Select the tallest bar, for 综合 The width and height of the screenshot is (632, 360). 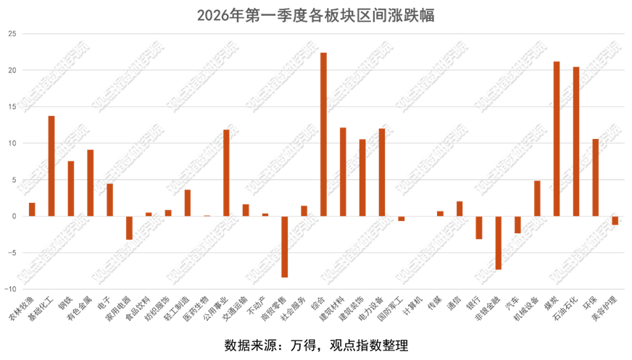pos(323,134)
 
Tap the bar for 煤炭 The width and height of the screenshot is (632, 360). pos(557,138)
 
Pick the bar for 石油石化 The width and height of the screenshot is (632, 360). pos(576,141)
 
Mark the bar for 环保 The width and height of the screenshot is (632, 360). pos(596,177)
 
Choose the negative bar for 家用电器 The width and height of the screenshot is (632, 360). pos(129,227)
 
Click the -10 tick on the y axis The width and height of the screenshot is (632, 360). pos(11,289)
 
